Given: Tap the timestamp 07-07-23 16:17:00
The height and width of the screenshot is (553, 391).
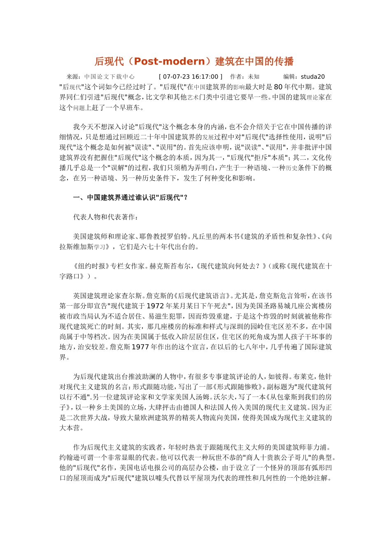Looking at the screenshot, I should (191, 77).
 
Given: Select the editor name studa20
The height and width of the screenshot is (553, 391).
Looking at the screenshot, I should (313, 77).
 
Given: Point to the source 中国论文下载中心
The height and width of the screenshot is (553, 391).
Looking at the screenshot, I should (109, 77).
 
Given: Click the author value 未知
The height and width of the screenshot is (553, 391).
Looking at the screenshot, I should (254, 77).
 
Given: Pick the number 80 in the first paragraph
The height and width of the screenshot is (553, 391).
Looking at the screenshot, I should (278, 87).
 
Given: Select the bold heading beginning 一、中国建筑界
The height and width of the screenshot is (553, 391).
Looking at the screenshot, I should (130, 197).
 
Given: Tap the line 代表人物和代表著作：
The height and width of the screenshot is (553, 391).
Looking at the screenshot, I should (106, 217).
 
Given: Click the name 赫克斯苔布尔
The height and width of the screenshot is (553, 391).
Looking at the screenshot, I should (171, 266).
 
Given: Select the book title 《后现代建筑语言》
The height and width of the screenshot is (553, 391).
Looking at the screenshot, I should (204, 296).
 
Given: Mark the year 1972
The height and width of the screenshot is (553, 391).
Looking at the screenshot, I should (155, 306).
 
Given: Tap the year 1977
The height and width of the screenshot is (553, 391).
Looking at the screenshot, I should (140, 347).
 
